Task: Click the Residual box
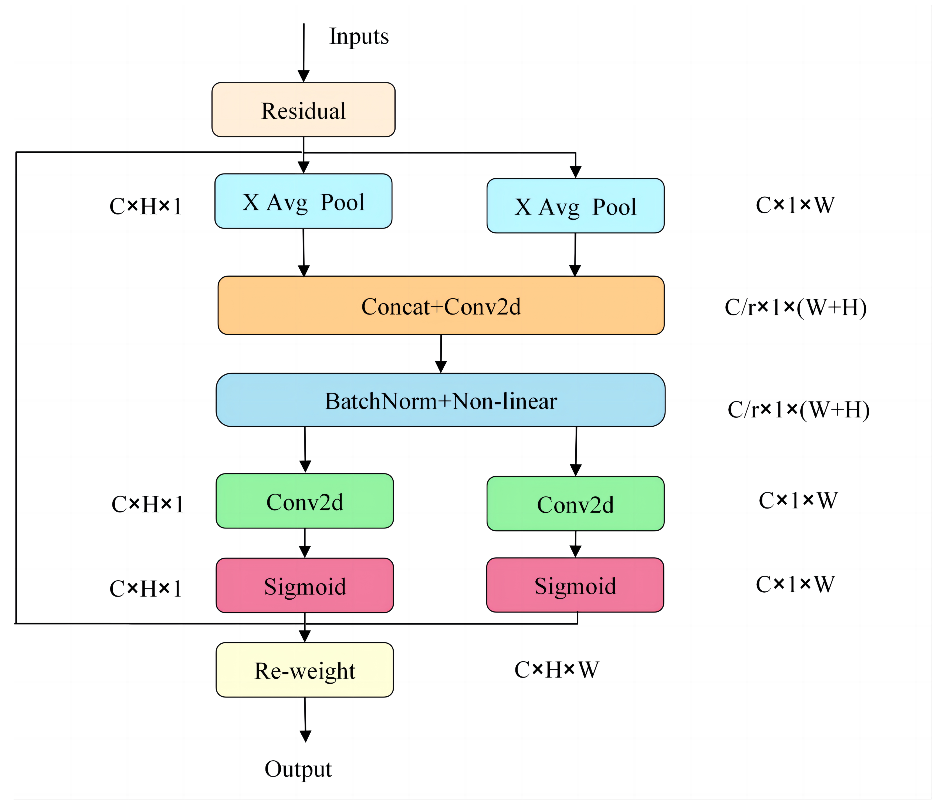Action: pos(303,110)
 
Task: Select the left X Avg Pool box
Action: pos(303,202)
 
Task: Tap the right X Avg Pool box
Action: pos(575,206)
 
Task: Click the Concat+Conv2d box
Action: pos(441,306)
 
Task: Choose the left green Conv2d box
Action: pos(305,501)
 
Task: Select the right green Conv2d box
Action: pos(575,504)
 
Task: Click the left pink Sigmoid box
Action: pos(305,586)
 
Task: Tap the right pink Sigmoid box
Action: pos(575,585)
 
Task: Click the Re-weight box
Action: pos(305,670)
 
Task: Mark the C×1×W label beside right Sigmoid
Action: pos(795,584)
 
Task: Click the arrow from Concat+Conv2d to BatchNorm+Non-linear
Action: pos(441,354)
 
